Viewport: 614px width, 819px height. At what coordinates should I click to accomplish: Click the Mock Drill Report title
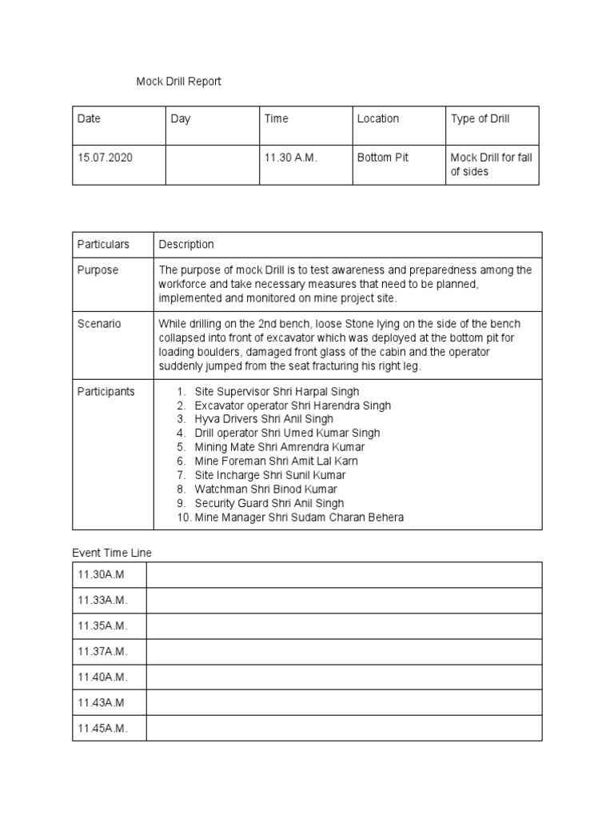[177, 81]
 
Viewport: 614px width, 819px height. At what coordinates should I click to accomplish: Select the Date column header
[89, 118]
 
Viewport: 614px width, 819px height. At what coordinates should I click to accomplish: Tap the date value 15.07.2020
[105, 158]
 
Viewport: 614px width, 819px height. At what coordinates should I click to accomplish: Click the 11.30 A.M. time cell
[291, 158]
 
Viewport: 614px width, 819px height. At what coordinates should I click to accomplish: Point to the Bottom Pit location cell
[382, 158]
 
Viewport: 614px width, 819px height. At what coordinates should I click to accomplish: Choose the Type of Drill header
[480, 118]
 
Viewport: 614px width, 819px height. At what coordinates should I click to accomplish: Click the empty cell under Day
[211, 165]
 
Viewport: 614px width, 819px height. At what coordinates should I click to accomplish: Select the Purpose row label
[98, 270]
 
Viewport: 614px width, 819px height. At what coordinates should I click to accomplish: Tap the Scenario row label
[99, 324]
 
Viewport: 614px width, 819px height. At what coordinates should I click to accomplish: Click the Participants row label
[106, 391]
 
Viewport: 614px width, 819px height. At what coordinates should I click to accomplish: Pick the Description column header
[186, 244]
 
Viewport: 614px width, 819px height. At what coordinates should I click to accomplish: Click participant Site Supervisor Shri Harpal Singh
[277, 391]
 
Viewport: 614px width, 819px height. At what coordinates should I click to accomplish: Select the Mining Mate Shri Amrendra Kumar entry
[279, 447]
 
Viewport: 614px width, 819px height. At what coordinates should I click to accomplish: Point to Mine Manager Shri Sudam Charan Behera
[299, 517]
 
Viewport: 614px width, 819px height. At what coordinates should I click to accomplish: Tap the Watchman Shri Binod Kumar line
[265, 489]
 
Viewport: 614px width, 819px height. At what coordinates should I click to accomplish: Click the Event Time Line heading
[112, 552]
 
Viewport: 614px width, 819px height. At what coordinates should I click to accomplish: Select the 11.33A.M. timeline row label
[102, 600]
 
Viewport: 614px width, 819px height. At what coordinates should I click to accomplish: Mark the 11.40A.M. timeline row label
[102, 677]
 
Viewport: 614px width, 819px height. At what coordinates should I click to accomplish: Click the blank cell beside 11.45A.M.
[344, 728]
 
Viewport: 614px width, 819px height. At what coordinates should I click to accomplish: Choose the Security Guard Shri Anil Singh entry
[269, 503]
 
